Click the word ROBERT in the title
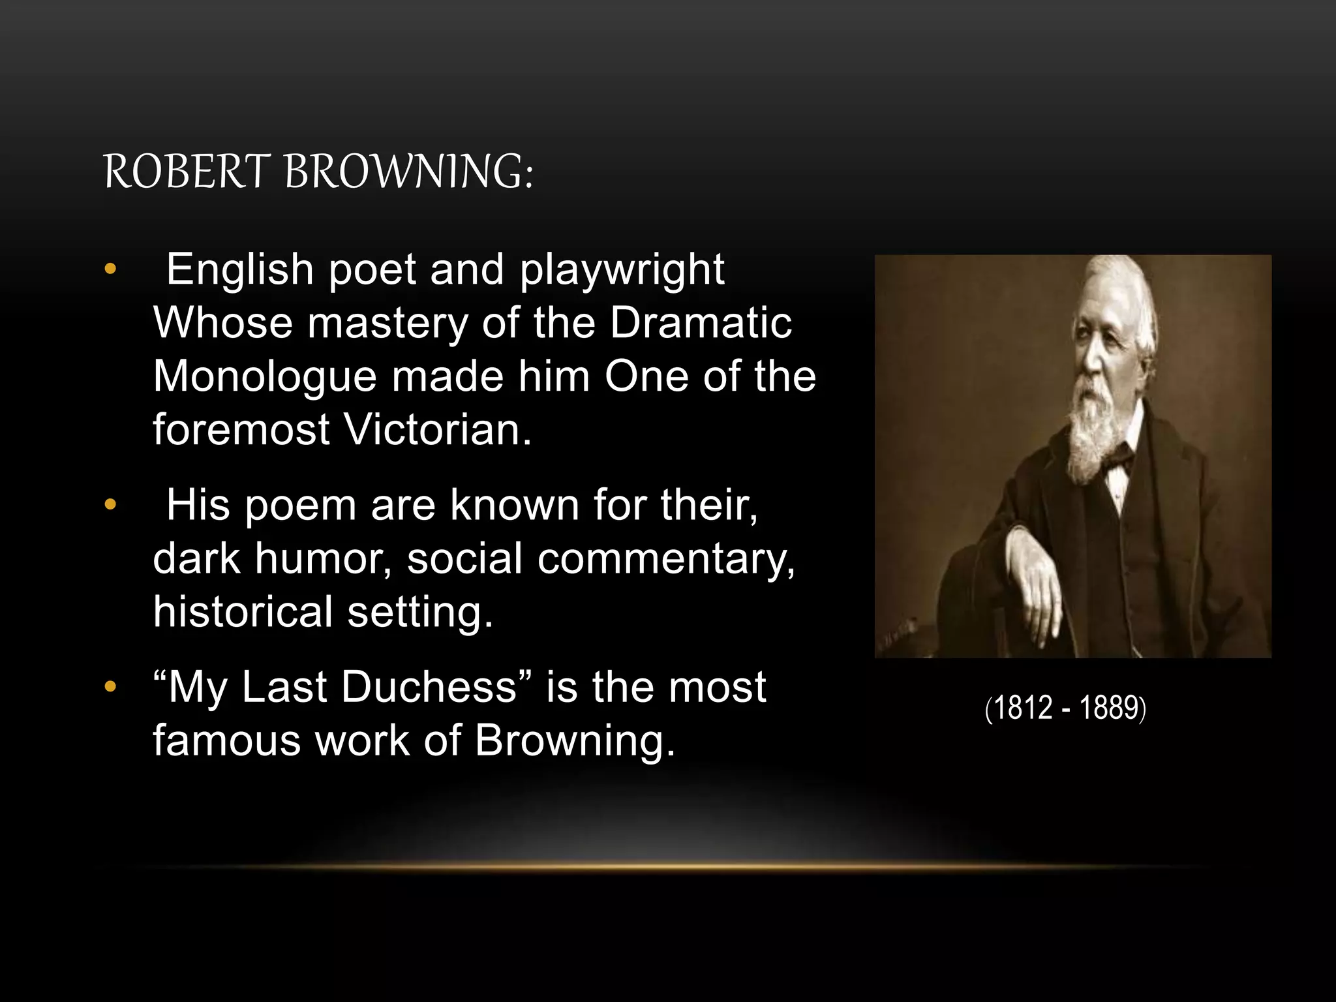[186, 172]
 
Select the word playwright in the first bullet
[622, 269]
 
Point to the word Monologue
[265, 378]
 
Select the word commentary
[666, 559]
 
